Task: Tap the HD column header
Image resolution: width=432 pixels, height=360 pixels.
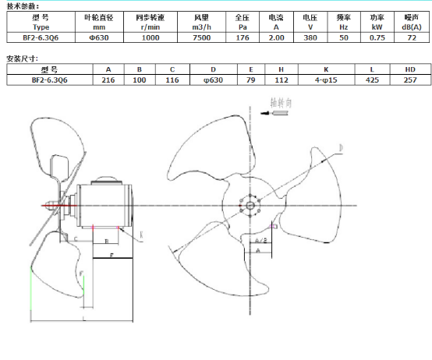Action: tap(410, 69)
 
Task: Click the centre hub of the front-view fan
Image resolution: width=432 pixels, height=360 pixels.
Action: tap(250, 206)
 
